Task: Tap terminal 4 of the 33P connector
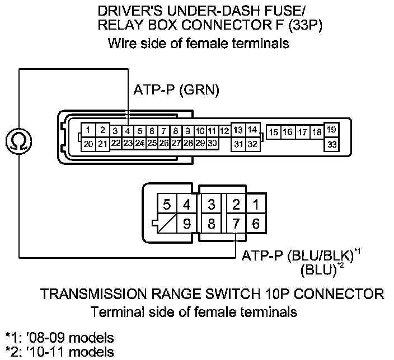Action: [128, 131]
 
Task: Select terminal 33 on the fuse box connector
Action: [332, 144]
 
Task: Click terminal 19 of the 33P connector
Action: [332, 130]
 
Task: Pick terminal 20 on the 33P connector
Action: [88, 144]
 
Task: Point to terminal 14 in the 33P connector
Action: [252, 130]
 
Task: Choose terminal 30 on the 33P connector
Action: [212, 143]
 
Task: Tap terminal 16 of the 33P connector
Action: [288, 132]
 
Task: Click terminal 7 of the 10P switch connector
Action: [236, 224]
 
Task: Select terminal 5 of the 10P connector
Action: [167, 205]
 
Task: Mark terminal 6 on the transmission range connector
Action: [256, 224]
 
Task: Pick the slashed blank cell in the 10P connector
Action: [167, 224]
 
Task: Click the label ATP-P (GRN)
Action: [176, 89]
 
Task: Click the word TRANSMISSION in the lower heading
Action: [98, 294]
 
